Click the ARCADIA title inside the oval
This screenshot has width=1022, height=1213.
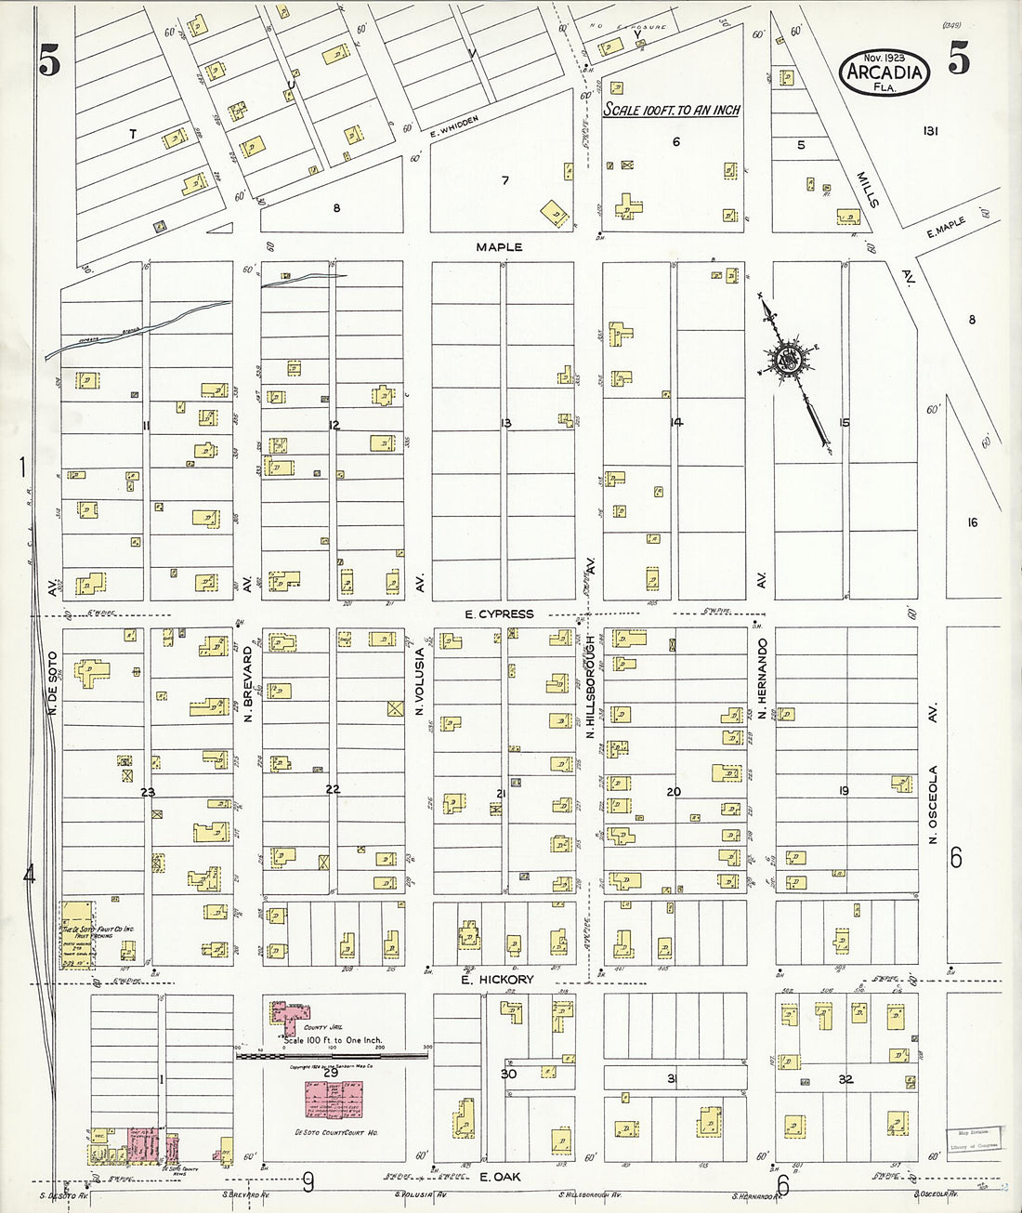coord(884,73)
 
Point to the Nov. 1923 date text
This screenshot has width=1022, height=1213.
coord(884,58)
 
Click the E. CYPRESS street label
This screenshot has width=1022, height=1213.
coord(499,613)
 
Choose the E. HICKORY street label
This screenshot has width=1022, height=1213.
coord(497,980)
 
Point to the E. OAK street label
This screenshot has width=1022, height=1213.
coord(500,1177)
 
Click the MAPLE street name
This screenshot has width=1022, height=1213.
coord(499,247)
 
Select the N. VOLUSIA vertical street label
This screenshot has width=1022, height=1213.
coord(420,680)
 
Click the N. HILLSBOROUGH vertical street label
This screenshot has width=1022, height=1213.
coord(590,686)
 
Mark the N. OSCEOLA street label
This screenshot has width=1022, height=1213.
coord(934,804)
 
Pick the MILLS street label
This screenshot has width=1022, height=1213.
coord(867,189)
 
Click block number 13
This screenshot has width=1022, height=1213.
coord(505,424)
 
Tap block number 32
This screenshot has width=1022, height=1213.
coord(845,1079)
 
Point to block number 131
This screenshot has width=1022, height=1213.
coord(930,131)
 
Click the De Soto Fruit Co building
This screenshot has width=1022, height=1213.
coord(78,932)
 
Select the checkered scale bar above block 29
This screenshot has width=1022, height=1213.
coord(332,1056)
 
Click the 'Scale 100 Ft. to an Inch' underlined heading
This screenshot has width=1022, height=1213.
coord(672,110)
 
